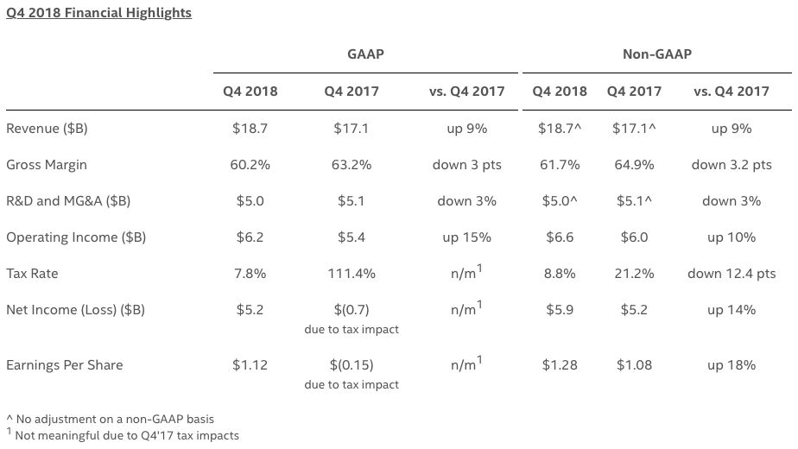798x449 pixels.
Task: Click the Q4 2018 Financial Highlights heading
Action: point(98,13)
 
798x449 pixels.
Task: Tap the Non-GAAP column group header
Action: point(656,54)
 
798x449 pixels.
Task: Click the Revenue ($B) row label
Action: point(47,129)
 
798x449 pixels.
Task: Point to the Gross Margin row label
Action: point(47,165)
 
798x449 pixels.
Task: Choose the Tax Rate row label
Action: point(32,274)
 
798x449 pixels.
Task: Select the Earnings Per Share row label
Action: point(65,365)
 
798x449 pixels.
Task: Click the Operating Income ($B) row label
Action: point(76,237)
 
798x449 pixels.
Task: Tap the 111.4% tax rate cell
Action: point(351,274)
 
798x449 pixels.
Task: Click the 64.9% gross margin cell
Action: point(633,165)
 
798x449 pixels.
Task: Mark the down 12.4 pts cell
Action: point(731,274)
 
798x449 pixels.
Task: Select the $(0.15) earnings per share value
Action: point(351,365)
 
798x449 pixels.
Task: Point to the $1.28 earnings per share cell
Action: point(559,365)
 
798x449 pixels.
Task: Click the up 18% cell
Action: point(731,365)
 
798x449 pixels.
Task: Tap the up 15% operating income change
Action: point(466,237)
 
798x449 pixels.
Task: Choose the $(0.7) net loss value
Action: point(351,310)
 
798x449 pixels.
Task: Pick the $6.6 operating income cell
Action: point(559,237)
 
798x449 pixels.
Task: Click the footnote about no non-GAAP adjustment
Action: point(110,420)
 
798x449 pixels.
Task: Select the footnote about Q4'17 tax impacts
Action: point(122,435)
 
